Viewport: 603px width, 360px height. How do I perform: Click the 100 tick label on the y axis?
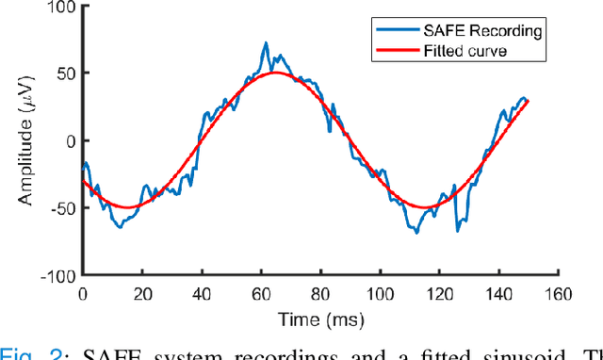62,8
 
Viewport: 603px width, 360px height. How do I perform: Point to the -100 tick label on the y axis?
59,276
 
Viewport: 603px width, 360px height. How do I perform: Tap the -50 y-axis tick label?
63,208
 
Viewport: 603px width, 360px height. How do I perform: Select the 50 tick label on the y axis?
66,74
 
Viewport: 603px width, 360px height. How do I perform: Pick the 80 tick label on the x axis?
320,294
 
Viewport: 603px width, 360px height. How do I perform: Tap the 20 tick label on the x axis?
142,294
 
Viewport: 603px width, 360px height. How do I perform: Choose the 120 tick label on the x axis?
439,294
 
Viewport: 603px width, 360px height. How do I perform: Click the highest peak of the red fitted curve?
276,73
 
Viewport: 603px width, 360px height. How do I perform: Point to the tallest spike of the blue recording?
266,42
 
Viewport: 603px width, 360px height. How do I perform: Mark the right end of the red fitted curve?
527,100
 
